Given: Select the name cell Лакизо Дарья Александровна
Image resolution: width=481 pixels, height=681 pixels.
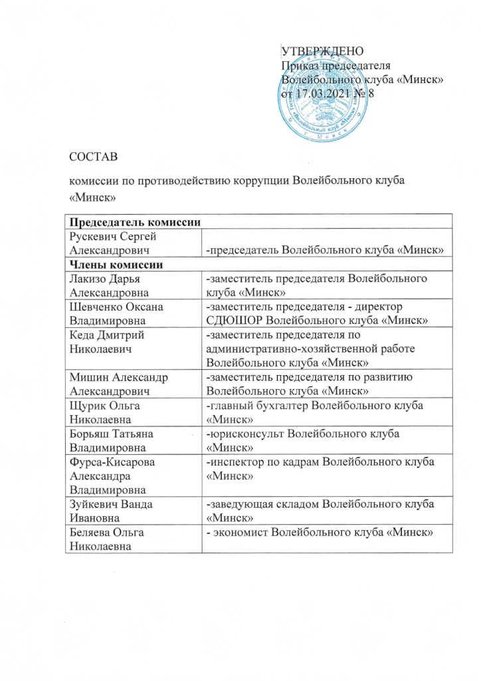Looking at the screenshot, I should pos(112,286).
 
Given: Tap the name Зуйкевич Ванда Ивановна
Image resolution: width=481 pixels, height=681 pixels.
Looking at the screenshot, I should pos(111,510).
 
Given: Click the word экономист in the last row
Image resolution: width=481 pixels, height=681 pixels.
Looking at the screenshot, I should pos(244,531).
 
